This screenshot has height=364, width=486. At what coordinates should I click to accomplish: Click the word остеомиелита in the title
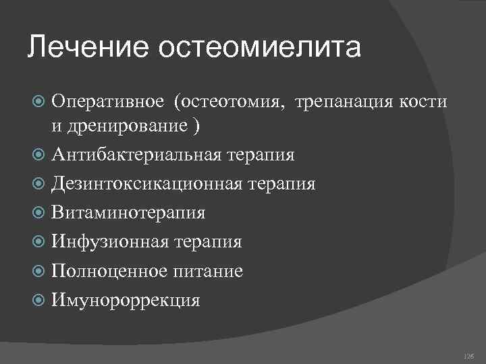pos(260,48)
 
